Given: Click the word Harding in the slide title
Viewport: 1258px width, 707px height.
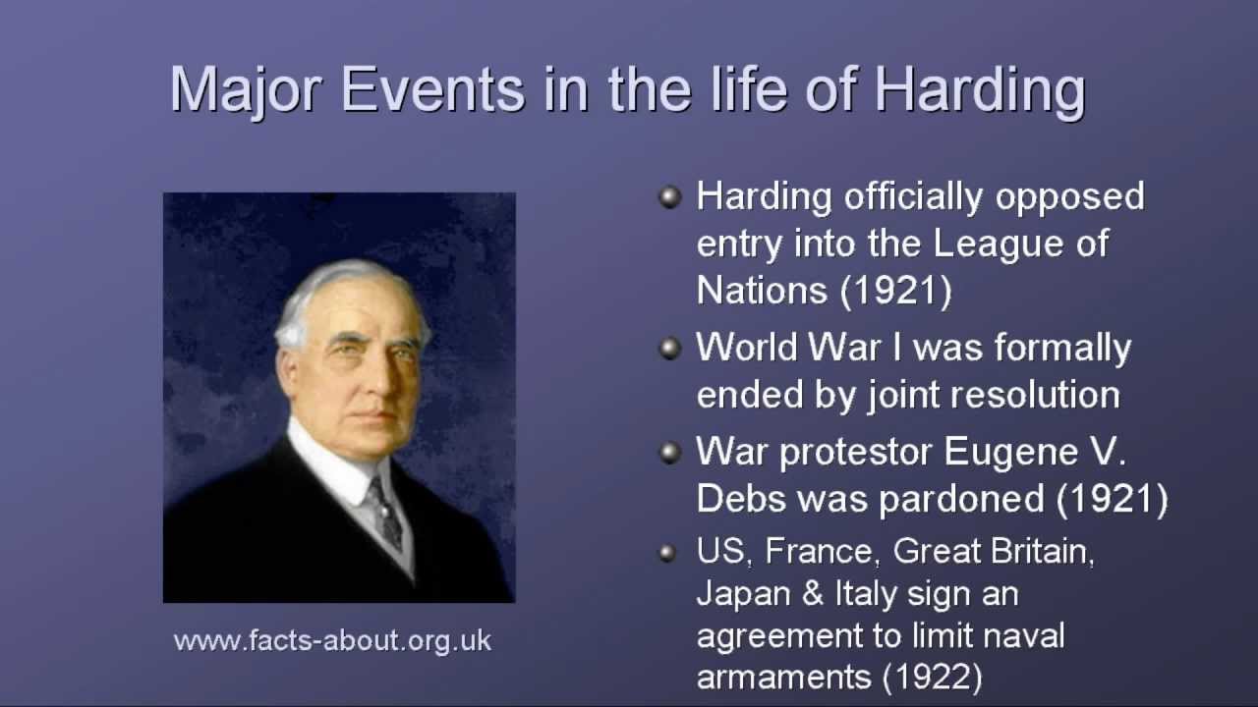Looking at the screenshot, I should pyautogui.click(x=979, y=91).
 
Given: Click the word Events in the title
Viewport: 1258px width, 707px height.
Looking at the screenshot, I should pyautogui.click(x=432, y=91).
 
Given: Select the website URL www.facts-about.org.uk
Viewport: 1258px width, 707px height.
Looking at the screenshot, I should pyautogui.click(x=332, y=641).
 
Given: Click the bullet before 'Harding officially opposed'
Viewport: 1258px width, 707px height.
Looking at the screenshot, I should pyautogui.click(x=670, y=197).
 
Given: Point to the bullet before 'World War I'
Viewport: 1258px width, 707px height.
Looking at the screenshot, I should pyautogui.click(x=670, y=349).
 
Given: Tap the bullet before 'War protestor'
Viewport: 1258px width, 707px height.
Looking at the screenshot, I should pyautogui.click(x=670, y=453).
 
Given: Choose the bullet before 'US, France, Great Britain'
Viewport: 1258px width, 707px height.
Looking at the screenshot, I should pyautogui.click(x=668, y=553).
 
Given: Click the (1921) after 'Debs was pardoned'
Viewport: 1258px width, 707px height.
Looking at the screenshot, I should pyautogui.click(x=1112, y=499).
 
